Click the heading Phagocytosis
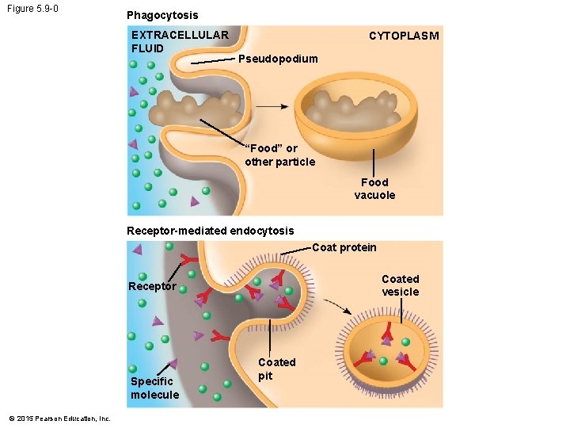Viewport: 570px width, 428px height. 162,15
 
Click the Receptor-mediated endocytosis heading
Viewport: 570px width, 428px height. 210,231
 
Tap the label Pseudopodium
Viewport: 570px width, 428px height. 278,59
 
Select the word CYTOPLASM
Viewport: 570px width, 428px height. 404,36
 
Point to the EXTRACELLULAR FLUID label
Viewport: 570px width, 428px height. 180,41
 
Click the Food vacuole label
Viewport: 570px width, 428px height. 374,189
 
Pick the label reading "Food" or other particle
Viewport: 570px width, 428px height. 279,155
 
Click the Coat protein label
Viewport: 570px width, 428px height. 344,247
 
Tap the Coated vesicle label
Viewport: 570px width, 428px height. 400,285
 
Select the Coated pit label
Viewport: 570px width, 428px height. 276,369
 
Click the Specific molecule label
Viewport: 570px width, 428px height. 154,388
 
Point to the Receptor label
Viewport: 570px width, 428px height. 152,286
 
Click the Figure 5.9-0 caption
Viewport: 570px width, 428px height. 32,10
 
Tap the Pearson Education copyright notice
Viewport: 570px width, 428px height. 59,418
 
